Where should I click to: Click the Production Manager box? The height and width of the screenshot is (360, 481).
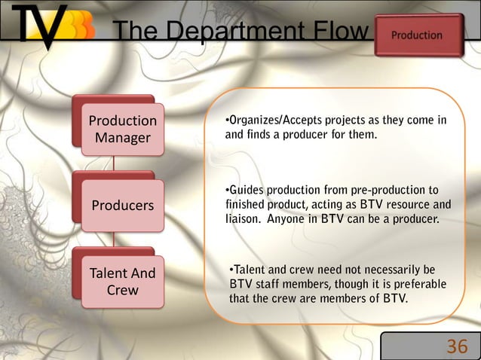tap(123, 130)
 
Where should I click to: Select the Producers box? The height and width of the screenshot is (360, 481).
tap(123, 205)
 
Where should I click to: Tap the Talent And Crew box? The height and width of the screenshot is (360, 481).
tap(123, 281)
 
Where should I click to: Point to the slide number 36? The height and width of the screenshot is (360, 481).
tap(457, 346)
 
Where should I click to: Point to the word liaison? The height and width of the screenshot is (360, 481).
tap(242, 219)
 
